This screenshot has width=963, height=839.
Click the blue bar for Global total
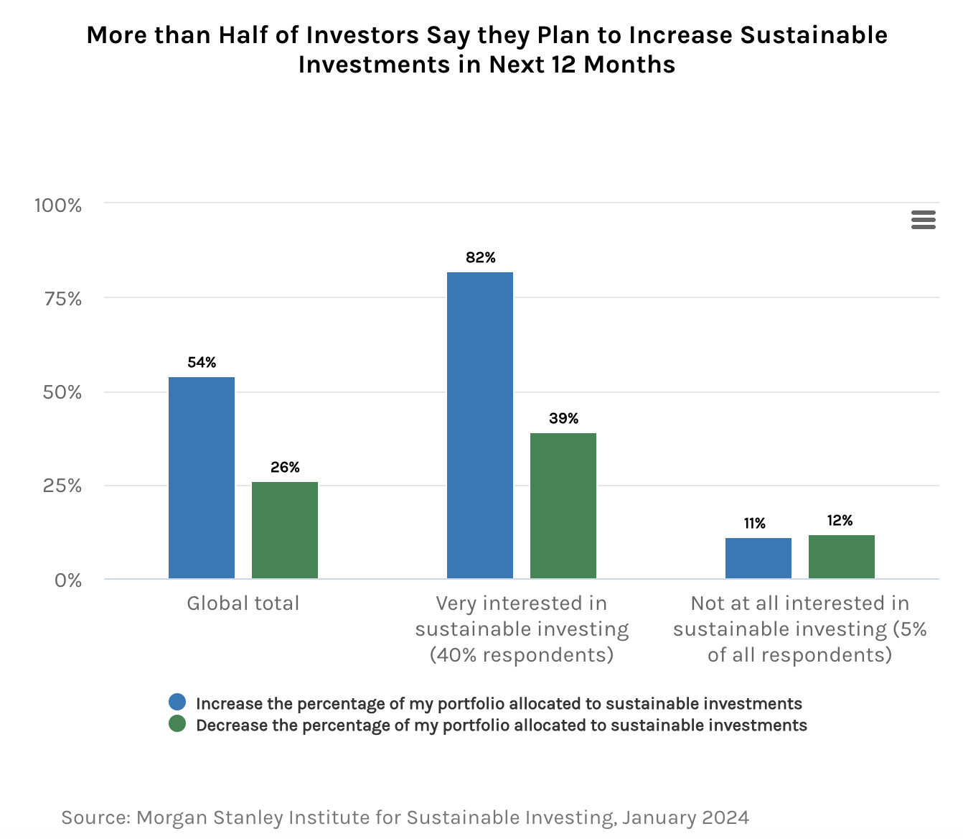tap(202, 478)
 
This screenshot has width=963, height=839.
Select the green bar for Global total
tap(285, 530)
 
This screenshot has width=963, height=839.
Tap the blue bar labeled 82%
tap(480, 425)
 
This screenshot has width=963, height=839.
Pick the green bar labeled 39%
tap(563, 506)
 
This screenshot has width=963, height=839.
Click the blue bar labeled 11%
tap(758, 558)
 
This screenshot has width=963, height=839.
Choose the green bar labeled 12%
tap(842, 557)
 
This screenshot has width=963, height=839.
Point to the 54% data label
tap(202, 363)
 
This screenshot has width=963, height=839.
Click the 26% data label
tap(285, 468)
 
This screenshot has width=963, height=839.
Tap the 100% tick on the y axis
tap(58, 205)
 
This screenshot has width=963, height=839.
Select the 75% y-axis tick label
tap(63, 299)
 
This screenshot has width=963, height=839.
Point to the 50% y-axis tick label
tap(62, 392)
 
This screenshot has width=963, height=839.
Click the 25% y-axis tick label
tap(62, 486)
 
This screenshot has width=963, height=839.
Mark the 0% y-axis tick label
tap(68, 580)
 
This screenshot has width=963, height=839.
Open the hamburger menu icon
tap(924, 220)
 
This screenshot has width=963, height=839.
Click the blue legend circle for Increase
tap(177, 703)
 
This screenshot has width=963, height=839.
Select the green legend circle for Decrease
tap(177, 724)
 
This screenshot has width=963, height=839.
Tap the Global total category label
tap(243, 603)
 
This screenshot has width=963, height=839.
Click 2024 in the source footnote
tap(726, 817)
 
